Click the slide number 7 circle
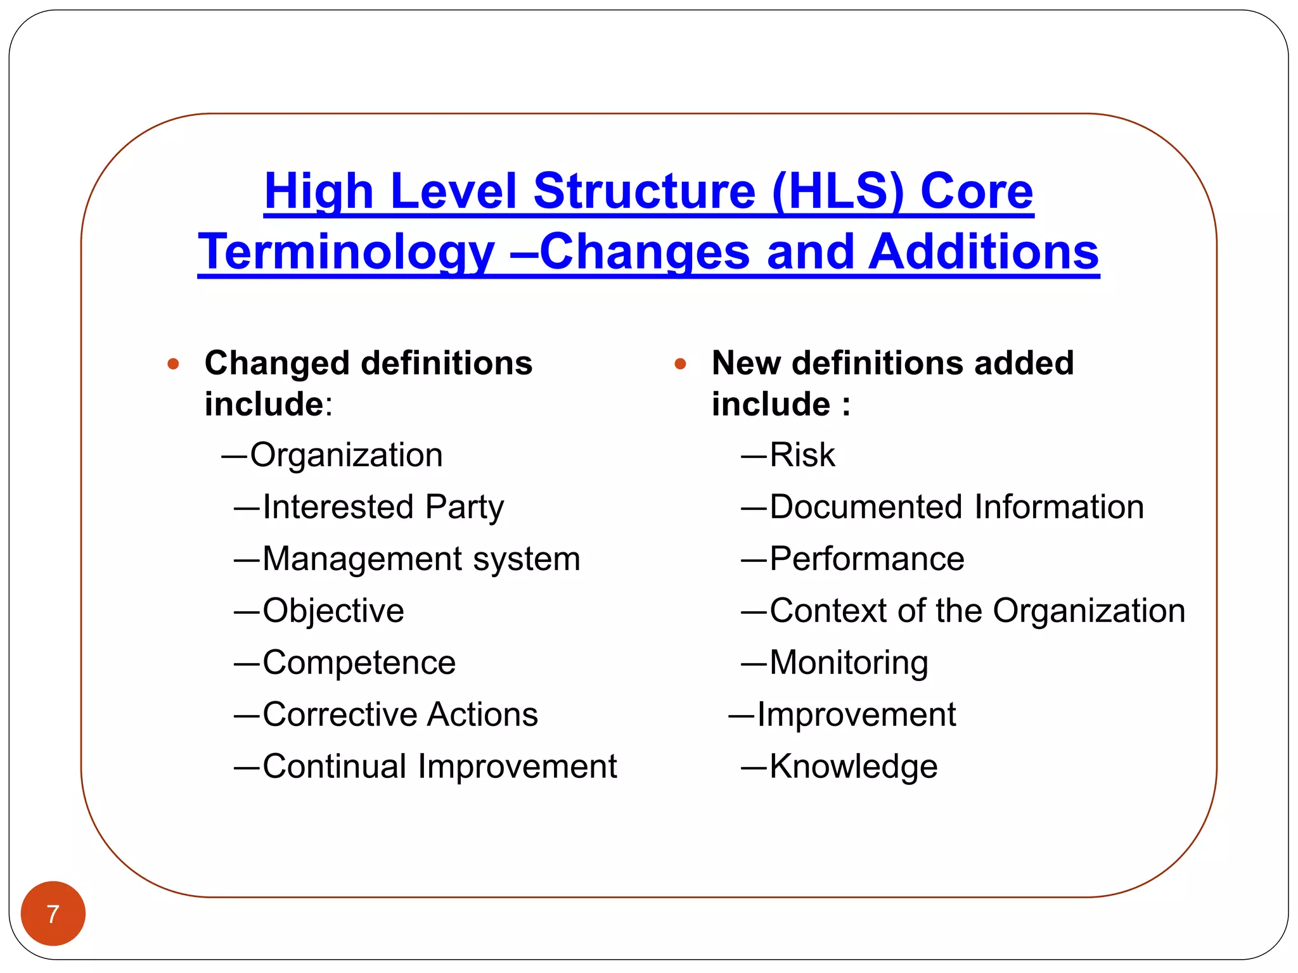(x=53, y=913)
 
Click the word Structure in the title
(x=645, y=191)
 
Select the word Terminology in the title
(x=346, y=252)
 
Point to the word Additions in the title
(x=983, y=252)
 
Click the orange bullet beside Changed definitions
(x=173, y=364)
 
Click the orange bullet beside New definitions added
(x=681, y=364)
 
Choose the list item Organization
(x=346, y=455)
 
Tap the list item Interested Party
(x=383, y=507)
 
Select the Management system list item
(x=421, y=559)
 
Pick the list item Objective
(x=333, y=611)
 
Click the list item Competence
(x=359, y=663)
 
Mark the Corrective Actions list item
(x=400, y=715)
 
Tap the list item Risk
(x=802, y=455)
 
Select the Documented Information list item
(x=956, y=507)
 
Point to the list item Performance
(x=866, y=559)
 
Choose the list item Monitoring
(x=849, y=663)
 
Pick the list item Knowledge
(x=853, y=766)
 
